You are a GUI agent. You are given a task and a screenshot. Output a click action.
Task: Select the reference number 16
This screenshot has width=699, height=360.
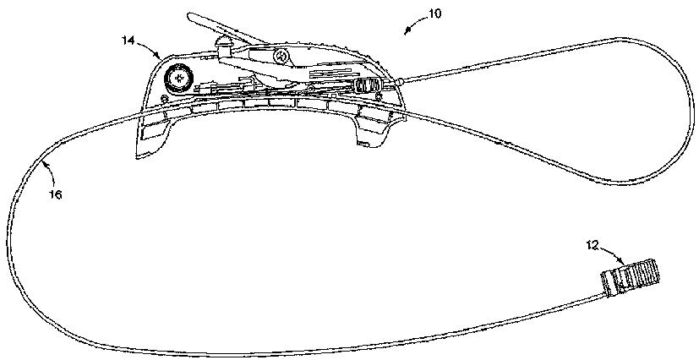(55, 195)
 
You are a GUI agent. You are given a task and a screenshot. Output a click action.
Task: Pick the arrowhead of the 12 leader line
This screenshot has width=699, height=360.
(623, 264)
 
